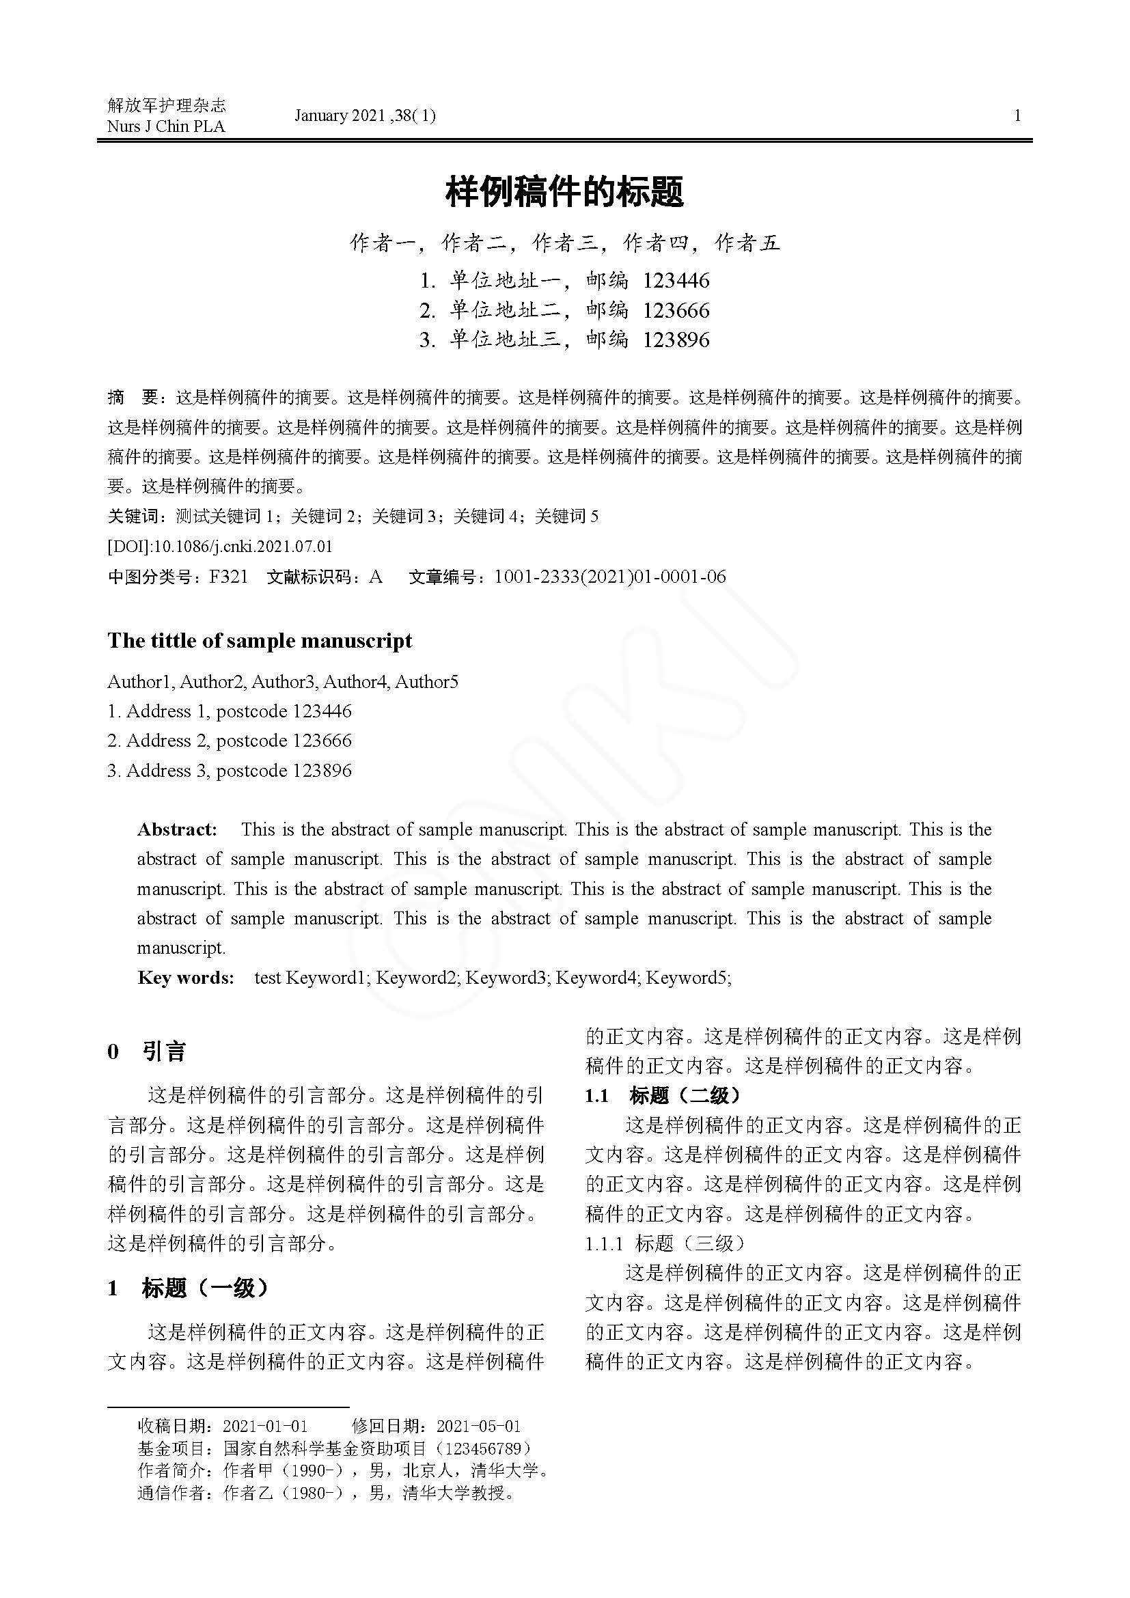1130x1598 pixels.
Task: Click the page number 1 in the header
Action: (x=1017, y=115)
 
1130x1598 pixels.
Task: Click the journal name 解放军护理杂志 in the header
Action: (x=167, y=105)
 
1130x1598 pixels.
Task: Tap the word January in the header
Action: (x=321, y=115)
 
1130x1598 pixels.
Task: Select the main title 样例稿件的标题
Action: (x=564, y=192)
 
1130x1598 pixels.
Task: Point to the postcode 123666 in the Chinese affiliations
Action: (x=676, y=310)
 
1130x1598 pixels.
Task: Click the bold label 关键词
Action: (x=133, y=516)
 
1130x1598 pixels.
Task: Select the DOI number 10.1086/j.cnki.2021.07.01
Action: (x=243, y=547)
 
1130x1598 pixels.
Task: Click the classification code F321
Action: (x=228, y=577)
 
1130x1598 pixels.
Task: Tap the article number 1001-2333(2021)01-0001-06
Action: (x=609, y=577)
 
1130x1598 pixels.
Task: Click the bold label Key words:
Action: (x=186, y=978)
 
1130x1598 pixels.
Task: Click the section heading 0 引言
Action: (x=147, y=1051)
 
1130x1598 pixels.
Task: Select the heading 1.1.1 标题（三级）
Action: (x=665, y=1243)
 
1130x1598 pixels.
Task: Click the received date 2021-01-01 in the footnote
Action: (x=265, y=1427)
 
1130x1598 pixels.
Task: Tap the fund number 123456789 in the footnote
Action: (x=482, y=1448)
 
